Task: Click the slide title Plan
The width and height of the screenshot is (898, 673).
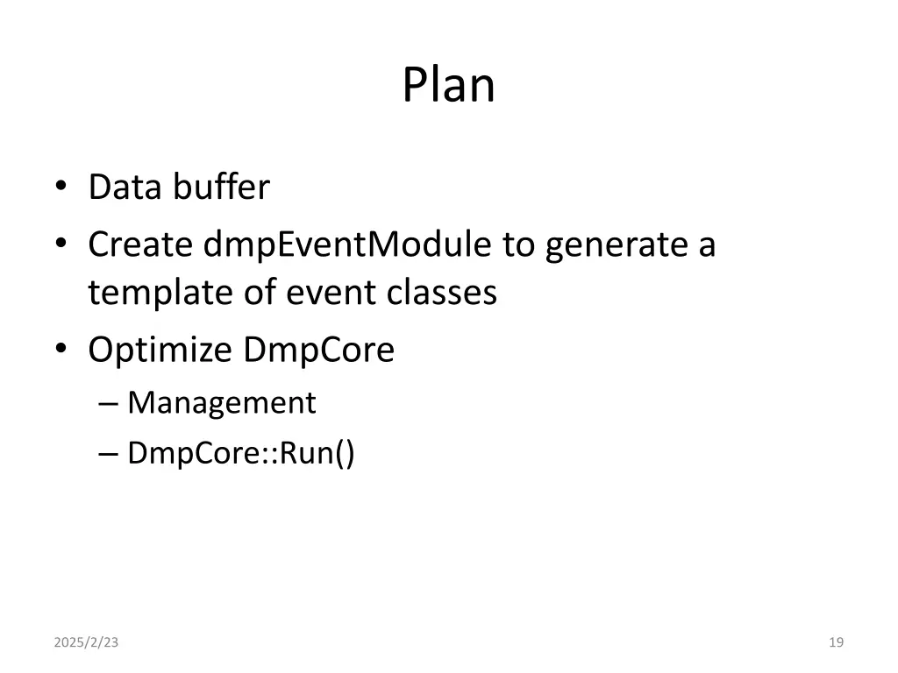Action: pos(448,86)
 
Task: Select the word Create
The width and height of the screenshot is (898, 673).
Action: pos(140,245)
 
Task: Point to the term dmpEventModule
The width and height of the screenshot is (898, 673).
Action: pos(347,245)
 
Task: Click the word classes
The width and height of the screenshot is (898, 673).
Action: pos(442,293)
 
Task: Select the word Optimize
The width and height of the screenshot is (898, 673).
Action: pos(160,351)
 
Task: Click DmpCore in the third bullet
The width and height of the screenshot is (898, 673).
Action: pos(319,351)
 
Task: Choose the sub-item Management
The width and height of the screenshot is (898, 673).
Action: pos(221,403)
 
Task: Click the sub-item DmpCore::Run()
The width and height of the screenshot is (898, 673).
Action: pos(241,454)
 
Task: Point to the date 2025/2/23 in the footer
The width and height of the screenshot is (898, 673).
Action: pos(86,642)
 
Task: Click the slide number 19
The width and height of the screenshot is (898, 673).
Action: pos(836,642)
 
